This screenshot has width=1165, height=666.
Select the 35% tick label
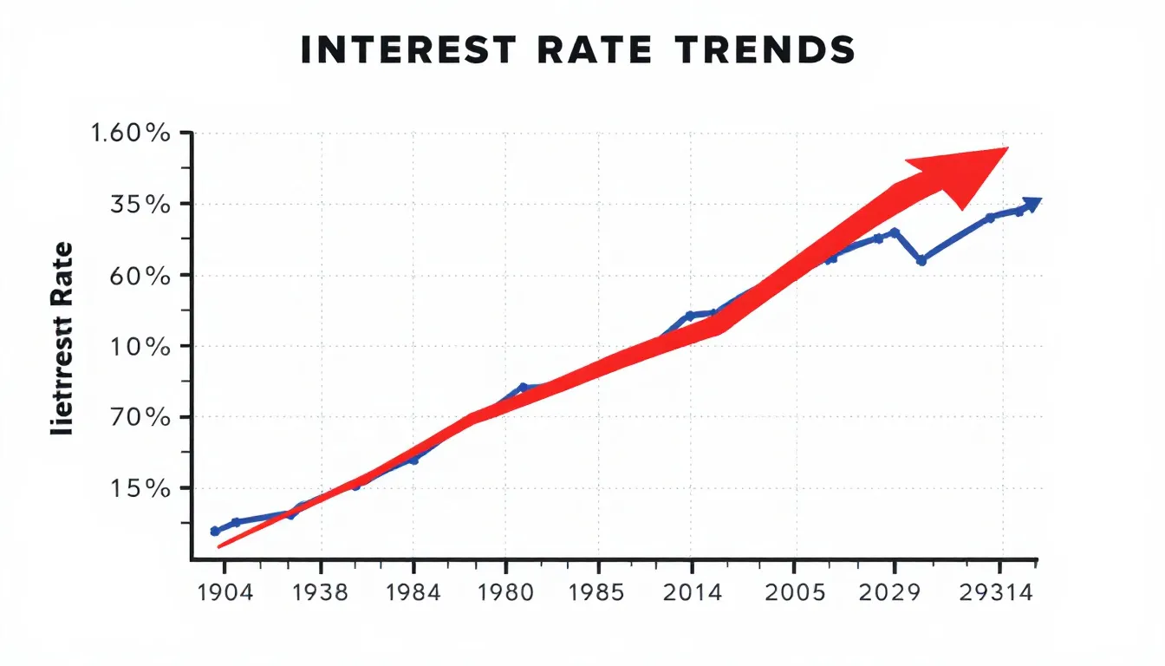pos(144,206)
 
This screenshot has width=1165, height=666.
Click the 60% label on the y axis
pos(144,276)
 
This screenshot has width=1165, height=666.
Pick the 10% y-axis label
pos(144,347)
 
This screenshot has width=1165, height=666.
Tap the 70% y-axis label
pos(144,418)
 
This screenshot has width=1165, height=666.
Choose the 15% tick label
pos(144,489)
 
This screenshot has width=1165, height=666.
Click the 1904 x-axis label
pos(225,595)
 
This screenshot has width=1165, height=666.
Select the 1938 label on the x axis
pos(321,595)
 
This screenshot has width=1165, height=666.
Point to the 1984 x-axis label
pos(413,595)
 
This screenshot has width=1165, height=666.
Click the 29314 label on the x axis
pos(1002,595)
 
